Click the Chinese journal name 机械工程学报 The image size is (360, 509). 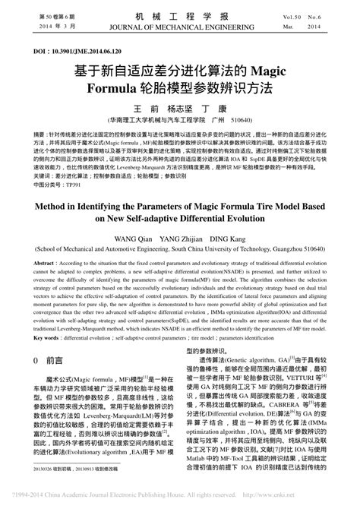click(180, 15)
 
